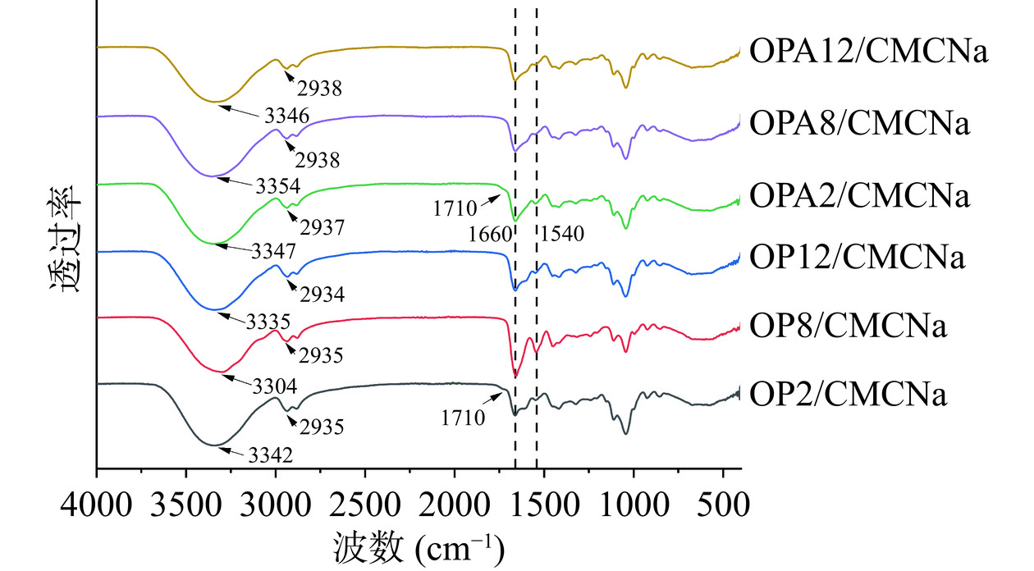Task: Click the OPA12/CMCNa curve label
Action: [x=867, y=53]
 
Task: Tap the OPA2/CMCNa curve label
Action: [x=860, y=197]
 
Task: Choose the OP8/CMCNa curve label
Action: [x=849, y=326]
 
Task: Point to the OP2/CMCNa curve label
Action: [x=849, y=395]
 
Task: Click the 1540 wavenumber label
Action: [x=561, y=234]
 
